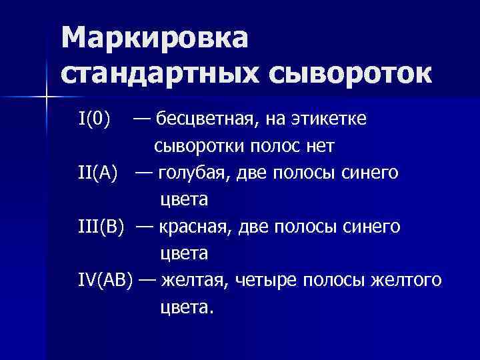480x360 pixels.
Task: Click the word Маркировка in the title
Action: tap(154, 38)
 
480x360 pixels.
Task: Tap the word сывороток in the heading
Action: tap(349, 73)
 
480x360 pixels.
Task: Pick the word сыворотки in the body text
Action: tap(197, 145)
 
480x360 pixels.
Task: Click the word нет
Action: tap(319, 145)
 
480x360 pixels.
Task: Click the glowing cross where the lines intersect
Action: tap(45, 98)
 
